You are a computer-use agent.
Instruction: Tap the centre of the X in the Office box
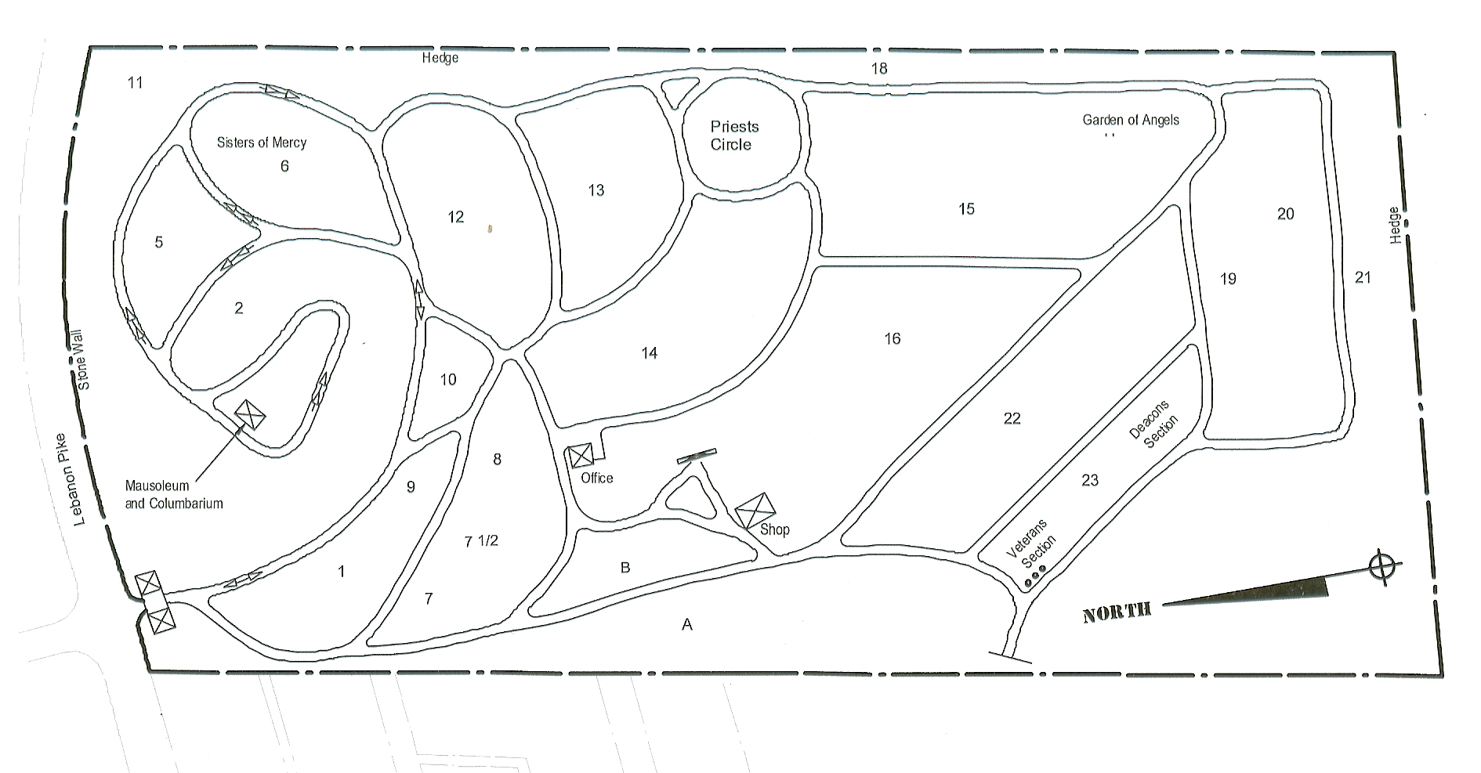(x=581, y=456)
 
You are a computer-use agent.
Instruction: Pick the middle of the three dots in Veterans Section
(x=1035, y=578)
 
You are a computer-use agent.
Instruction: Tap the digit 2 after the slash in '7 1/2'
(x=493, y=540)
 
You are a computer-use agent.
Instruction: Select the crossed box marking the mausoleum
(x=250, y=413)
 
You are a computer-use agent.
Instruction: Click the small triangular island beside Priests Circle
(x=672, y=92)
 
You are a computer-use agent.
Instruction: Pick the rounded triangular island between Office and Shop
(x=689, y=497)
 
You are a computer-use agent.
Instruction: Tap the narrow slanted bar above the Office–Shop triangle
(x=697, y=456)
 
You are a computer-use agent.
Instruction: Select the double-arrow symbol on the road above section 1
(x=243, y=580)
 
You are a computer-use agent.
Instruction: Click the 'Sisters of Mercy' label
(x=262, y=143)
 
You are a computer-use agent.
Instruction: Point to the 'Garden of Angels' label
(x=1131, y=120)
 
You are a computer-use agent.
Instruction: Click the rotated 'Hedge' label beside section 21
(x=1394, y=225)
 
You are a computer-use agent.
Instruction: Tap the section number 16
(x=893, y=338)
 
